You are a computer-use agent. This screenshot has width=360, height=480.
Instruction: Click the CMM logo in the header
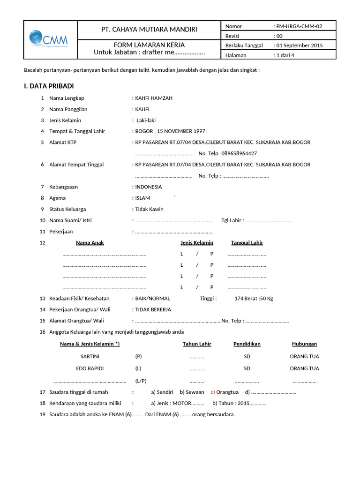coord(49,39)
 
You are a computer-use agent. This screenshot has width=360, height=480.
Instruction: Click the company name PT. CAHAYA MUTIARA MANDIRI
coord(149,30)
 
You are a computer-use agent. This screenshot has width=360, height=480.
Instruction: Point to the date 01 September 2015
coord(300,45)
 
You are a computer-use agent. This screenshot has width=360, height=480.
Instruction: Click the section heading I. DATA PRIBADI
coord(49,86)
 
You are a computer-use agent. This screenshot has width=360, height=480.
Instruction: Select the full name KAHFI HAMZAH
coord(154,98)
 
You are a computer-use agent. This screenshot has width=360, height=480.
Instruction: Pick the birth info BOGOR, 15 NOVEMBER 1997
coord(170,131)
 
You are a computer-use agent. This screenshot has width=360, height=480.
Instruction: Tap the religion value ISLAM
coord(142,198)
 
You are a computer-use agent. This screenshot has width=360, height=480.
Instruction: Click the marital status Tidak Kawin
coord(150,209)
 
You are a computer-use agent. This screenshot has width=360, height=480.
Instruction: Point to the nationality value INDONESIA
coord(149,187)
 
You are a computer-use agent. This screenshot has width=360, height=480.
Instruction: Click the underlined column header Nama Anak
coord(90,242)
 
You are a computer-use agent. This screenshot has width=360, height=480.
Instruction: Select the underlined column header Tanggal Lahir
coord(247,242)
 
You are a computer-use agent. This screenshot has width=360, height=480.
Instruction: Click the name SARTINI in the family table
coord(90,356)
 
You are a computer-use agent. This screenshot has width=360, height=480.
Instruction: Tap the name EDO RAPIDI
coord(90,368)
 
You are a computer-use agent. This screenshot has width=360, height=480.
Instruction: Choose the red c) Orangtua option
coord(225,392)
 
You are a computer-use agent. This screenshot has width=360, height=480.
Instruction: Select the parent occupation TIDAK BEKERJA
coord(153,309)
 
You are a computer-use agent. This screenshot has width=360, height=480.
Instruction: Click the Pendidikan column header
coord(247,344)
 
